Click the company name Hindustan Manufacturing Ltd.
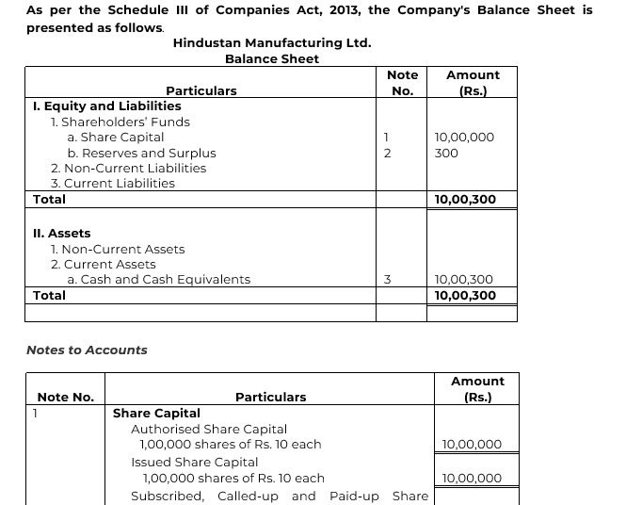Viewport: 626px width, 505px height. pyautogui.click(x=271, y=42)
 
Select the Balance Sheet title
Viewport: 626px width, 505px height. pyautogui.click(x=271, y=58)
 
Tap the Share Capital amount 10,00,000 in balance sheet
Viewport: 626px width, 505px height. pyautogui.click(x=464, y=137)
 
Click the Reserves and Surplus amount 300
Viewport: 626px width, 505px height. pyautogui.click(x=447, y=153)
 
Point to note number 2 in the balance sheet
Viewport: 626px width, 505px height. pyautogui.click(x=387, y=153)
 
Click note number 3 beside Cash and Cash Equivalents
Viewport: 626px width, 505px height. pyautogui.click(x=387, y=279)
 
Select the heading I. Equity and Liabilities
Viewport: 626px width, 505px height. pyautogui.click(x=106, y=106)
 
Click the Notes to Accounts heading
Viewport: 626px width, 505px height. pyautogui.click(x=87, y=350)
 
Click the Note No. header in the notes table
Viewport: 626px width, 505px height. pyautogui.click(x=65, y=397)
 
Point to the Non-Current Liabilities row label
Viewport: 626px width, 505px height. pyautogui.click(x=128, y=168)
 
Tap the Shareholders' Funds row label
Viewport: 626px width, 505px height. pyautogui.click(x=120, y=122)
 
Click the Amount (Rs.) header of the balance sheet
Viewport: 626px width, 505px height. pyautogui.click(x=473, y=83)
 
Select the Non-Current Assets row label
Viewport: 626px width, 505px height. pyautogui.click(x=118, y=249)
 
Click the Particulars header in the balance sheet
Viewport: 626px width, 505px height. pyautogui.click(x=201, y=90)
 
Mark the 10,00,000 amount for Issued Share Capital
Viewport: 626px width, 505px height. pyautogui.click(x=472, y=478)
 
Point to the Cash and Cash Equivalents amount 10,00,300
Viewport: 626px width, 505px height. pyautogui.click(x=464, y=279)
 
